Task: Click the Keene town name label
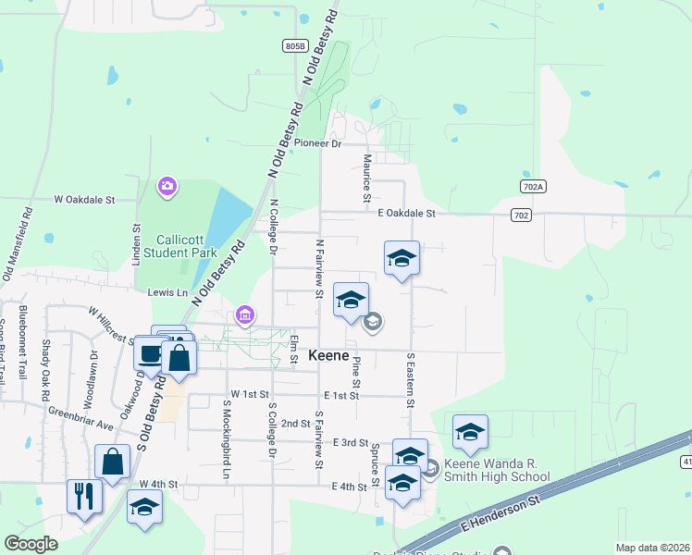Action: pyautogui.click(x=328, y=355)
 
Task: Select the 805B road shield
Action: pyautogui.click(x=294, y=45)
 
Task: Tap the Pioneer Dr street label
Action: pyautogui.click(x=317, y=143)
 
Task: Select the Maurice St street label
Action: pyautogui.click(x=367, y=179)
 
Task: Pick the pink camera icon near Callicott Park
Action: pyautogui.click(x=167, y=187)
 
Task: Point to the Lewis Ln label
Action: pyautogui.click(x=167, y=292)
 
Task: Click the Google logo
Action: pyautogui.click(x=31, y=544)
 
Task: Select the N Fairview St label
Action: pyautogui.click(x=318, y=269)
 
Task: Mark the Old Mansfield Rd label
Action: pyautogui.click(x=18, y=242)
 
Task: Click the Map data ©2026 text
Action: pyautogui.click(x=651, y=548)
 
